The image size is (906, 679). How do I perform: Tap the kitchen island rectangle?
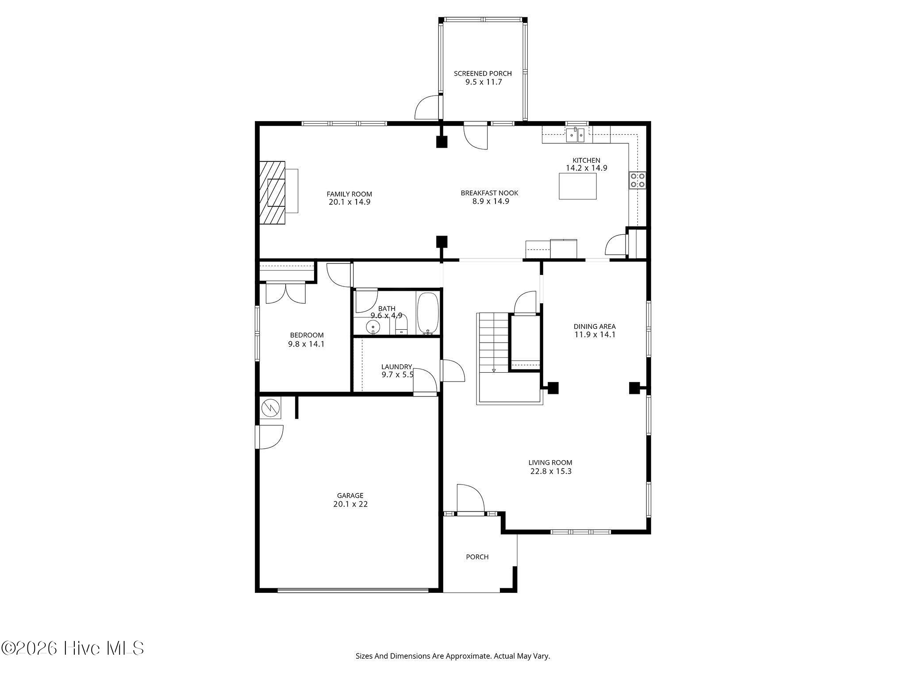click(x=577, y=186)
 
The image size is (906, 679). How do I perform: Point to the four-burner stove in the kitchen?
click(x=637, y=180)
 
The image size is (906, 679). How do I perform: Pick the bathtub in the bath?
click(x=427, y=313)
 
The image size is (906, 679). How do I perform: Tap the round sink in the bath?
click(x=373, y=327)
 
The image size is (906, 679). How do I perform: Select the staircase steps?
click(x=493, y=343)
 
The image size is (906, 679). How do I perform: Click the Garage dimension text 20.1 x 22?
click(x=350, y=504)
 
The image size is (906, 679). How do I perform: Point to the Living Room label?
click(x=550, y=463)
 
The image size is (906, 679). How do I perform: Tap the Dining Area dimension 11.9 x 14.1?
click(x=595, y=335)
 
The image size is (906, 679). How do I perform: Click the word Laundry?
click(x=396, y=367)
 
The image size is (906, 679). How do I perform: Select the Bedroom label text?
click(x=307, y=335)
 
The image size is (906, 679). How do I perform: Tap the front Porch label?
click(x=477, y=557)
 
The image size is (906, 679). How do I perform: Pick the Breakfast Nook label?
click(x=489, y=193)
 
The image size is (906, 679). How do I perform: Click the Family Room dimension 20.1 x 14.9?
click(x=349, y=202)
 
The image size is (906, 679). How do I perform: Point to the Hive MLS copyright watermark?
click(x=73, y=648)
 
